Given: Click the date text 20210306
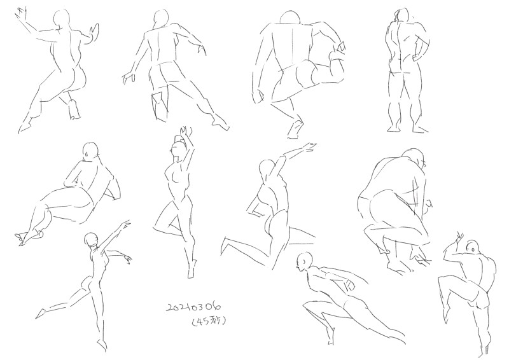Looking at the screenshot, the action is (194, 307).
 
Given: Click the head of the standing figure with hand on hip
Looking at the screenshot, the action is (402, 15).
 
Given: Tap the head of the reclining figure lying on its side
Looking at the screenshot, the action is (90, 151).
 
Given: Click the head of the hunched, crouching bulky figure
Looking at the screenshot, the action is (415, 158).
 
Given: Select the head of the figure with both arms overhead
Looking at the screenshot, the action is (178, 150).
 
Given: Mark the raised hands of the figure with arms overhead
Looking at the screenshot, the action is (185, 131).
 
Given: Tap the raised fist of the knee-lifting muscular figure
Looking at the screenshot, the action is (459, 239).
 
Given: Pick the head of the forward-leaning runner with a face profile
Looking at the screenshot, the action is (304, 261).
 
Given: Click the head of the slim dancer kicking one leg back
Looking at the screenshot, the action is (91, 240).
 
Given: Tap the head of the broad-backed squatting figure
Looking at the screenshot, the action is (290, 17).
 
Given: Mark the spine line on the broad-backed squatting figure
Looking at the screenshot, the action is (292, 45).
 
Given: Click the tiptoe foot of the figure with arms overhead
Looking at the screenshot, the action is (192, 269).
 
